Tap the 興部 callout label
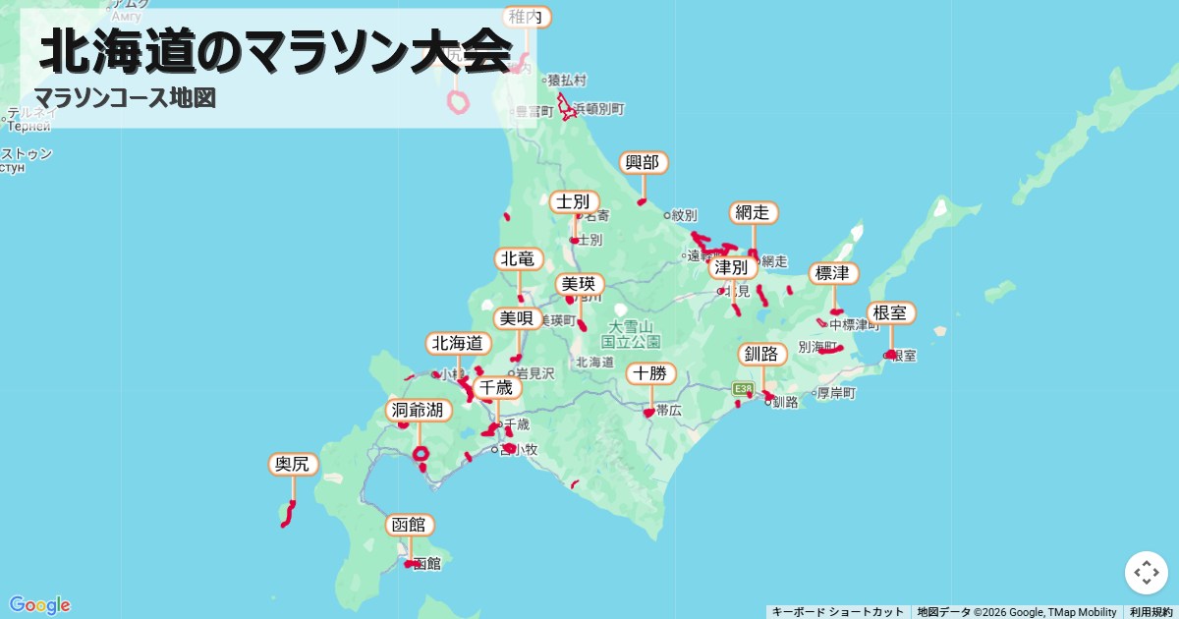pos(644,163)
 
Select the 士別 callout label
pos(574,202)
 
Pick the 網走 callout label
pos(755,213)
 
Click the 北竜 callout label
pos(518,259)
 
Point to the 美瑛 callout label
pos(579,285)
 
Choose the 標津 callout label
pos(833,273)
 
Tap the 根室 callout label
pos(891,313)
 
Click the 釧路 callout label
pos(761,354)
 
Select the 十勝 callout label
pos(650,373)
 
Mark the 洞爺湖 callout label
pos(418,410)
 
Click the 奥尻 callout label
pos(293,464)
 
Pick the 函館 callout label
pos(409,525)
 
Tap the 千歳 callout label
pos(496,388)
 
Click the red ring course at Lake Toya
pos(421,454)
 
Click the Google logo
pos(39,605)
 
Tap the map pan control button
pos(1146,573)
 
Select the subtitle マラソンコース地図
pos(125,98)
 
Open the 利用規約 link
pos(1151,612)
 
